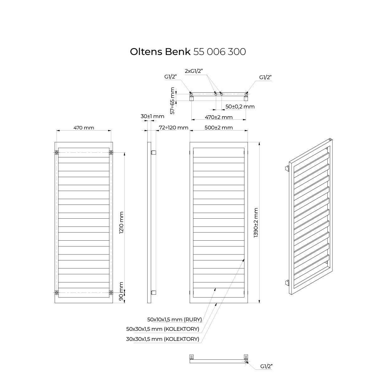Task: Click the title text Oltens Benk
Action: click(160, 52)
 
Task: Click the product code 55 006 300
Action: click(220, 52)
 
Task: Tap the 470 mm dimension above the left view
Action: click(84, 128)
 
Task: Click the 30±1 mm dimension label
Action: click(152, 116)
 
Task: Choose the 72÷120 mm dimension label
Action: click(173, 128)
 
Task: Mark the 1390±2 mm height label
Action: click(256, 223)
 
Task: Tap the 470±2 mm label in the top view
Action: click(219, 117)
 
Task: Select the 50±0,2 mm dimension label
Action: click(240, 107)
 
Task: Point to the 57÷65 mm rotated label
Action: click(172, 101)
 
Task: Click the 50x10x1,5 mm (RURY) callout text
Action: click(174, 320)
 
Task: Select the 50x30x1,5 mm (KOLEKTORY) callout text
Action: click(162, 329)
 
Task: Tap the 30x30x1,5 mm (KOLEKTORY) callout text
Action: click(162, 339)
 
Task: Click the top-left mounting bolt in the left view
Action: click(57, 153)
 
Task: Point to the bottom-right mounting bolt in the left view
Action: click(111, 293)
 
